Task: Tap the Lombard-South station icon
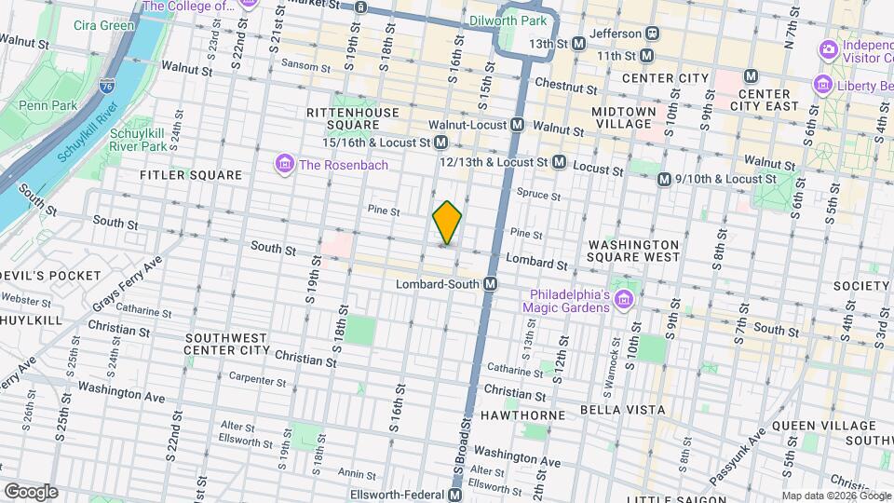click(490, 283)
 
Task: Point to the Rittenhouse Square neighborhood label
click(353, 118)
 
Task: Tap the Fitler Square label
click(191, 175)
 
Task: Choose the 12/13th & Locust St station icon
click(559, 162)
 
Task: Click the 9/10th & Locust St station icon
click(664, 179)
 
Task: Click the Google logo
click(31, 492)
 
